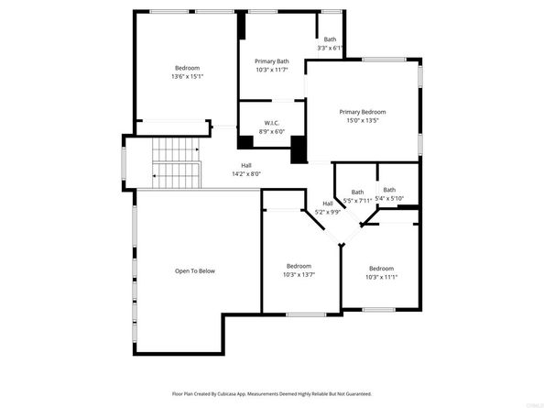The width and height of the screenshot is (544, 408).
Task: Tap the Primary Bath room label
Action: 271,61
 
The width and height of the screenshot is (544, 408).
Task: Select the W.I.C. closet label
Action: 271,123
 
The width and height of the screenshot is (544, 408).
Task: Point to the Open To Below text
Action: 195,270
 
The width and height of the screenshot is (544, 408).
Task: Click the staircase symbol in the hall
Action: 177,162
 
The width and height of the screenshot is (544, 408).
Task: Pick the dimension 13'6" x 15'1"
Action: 188,77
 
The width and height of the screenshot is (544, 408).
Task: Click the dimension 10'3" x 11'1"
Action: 381,277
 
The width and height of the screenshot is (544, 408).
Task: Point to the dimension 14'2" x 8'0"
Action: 246,173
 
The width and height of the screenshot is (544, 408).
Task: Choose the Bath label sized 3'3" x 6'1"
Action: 329,39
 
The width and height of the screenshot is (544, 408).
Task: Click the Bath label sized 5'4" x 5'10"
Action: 389,190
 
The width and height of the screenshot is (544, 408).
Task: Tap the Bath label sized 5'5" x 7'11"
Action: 357,192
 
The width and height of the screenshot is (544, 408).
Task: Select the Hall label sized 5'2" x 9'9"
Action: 328,204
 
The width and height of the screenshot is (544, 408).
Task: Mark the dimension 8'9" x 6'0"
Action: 272,131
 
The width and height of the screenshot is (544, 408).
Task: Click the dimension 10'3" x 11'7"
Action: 271,70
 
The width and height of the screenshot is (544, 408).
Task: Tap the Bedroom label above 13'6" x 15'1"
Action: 188,68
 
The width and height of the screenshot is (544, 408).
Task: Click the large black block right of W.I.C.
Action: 299,150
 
